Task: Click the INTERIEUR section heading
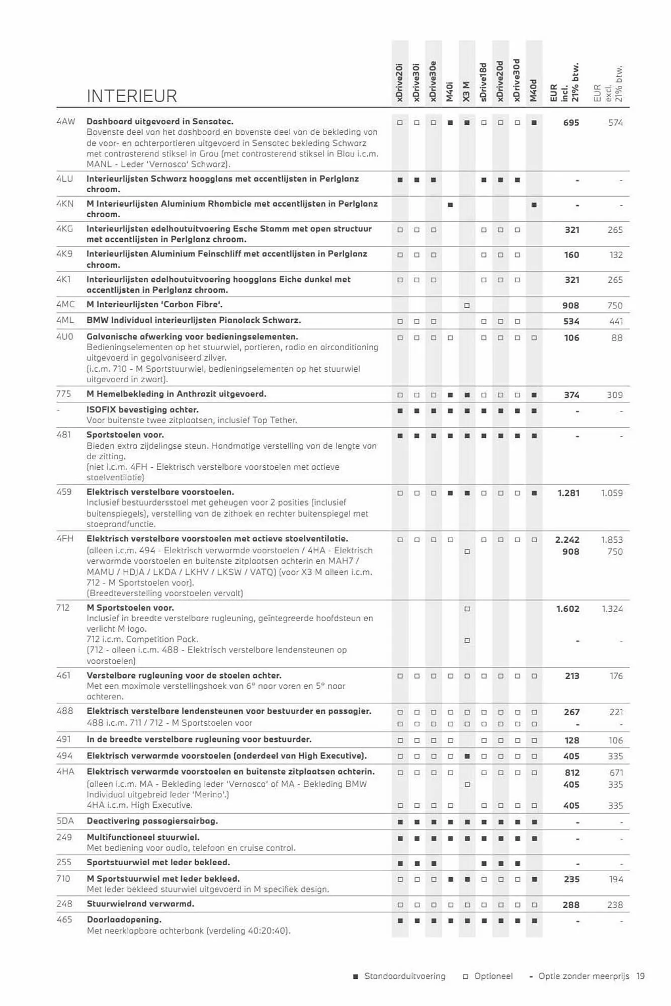pyautogui.click(x=132, y=96)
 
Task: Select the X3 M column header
pyautogui.click(x=467, y=91)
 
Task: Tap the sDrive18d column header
pyautogui.click(x=483, y=82)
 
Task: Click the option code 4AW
pyautogui.click(x=65, y=121)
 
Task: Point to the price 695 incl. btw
pyautogui.click(x=571, y=122)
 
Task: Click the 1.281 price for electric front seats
pyautogui.click(x=568, y=493)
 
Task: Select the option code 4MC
pyautogui.click(x=65, y=304)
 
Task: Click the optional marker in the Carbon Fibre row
pyautogui.click(x=467, y=305)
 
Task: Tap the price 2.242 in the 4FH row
pyautogui.click(x=567, y=540)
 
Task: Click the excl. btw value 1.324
pyautogui.click(x=612, y=609)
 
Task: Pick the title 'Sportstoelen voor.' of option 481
pyautogui.click(x=125, y=435)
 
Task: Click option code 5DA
pyautogui.click(x=65, y=821)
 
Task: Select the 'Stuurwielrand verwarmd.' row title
pyautogui.click(x=140, y=903)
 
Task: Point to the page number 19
pyautogui.click(x=640, y=976)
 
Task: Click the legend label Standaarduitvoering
pyautogui.click(x=404, y=976)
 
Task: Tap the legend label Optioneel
pyautogui.click(x=493, y=976)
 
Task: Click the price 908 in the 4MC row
pyautogui.click(x=570, y=305)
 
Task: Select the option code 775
pyautogui.click(x=63, y=394)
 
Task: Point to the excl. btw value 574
pyautogui.click(x=615, y=122)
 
